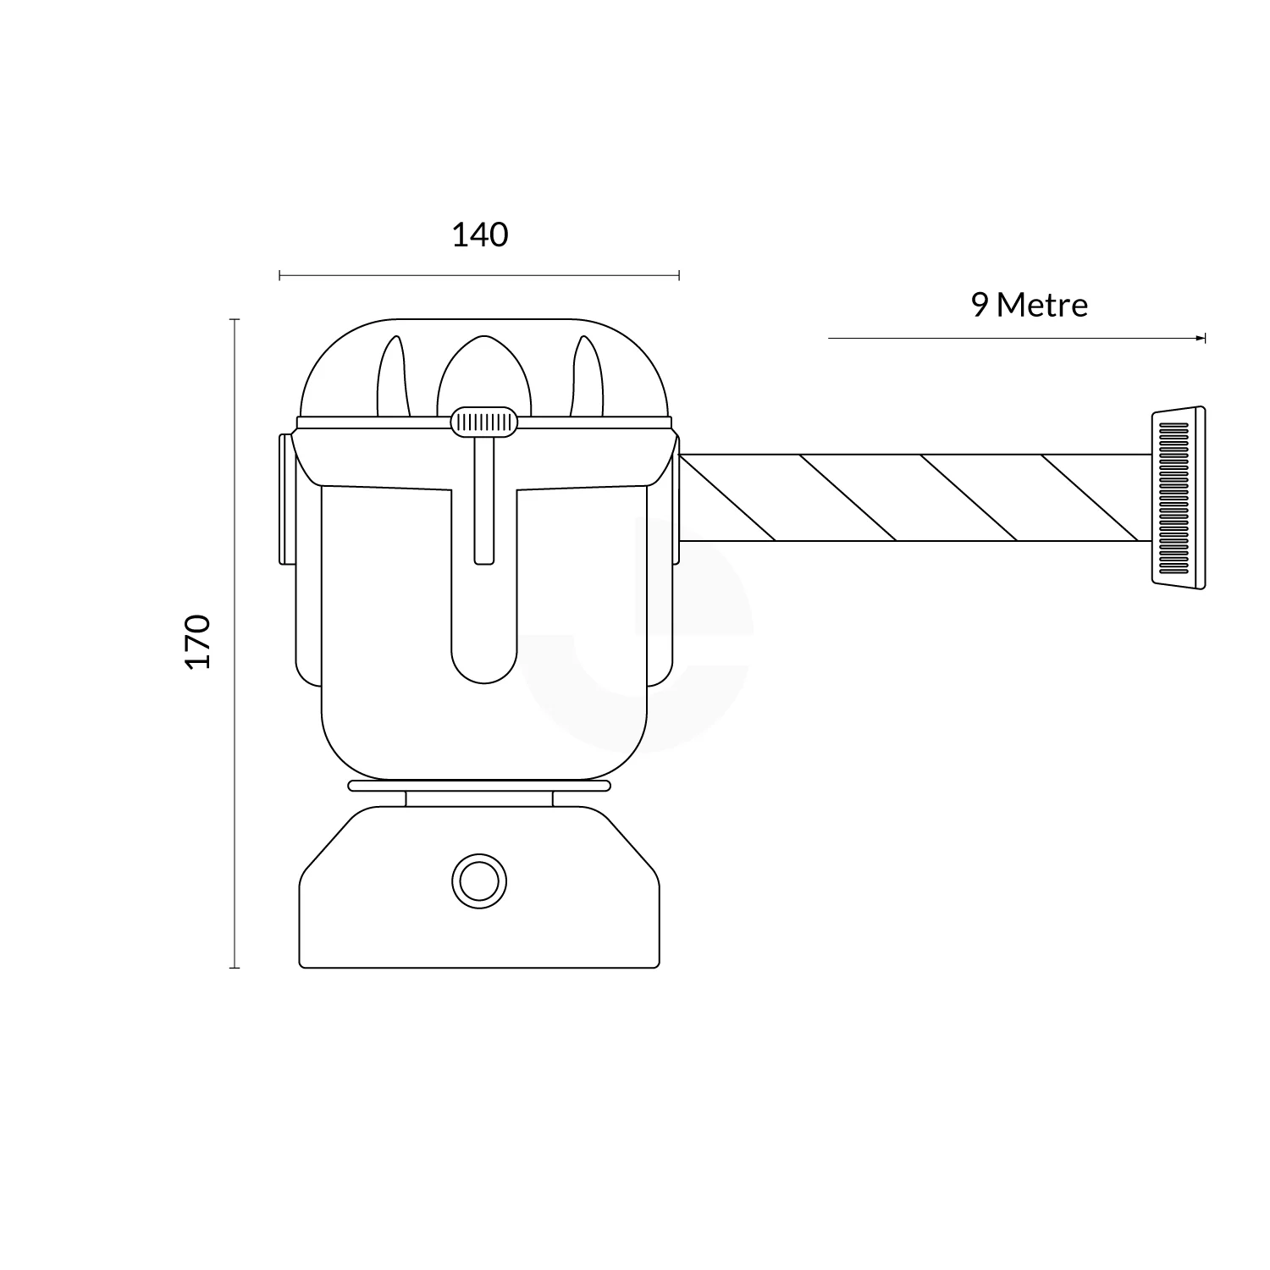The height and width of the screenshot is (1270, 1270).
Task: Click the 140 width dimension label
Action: click(479, 235)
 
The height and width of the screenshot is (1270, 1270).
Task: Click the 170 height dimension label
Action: click(197, 642)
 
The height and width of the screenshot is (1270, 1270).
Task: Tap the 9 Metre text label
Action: click(1029, 305)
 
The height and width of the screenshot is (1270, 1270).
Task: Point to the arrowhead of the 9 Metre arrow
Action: click(1201, 338)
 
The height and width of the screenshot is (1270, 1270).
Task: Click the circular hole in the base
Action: click(479, 881)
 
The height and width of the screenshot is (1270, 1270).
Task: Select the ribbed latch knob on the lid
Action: click(483, 422)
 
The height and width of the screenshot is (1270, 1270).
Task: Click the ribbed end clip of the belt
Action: click(1177, 497)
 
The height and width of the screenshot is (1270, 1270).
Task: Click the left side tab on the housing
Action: click(286, 500)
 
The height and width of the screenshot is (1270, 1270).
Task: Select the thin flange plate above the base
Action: click(479, 786)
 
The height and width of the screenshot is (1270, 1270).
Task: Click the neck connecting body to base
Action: click(479, 798)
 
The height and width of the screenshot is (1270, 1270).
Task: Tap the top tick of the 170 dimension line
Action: click(235, 319)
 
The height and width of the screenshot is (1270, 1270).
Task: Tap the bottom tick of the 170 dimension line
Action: click(235, 967)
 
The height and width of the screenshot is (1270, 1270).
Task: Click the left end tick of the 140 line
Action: click(279, 274)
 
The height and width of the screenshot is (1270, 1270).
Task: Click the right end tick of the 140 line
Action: click(679, 274)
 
